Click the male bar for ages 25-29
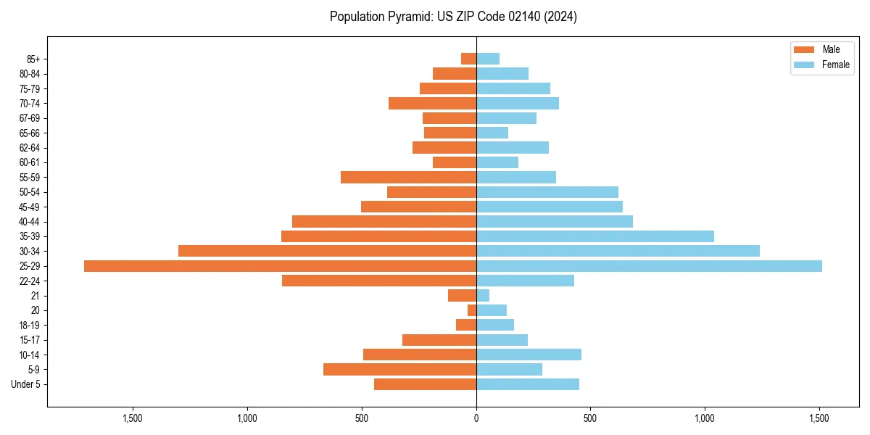coord(280,266)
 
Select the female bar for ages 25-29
coord(649,266)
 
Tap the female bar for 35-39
coord(594,236)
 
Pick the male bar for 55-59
coord(408,177)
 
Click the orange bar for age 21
coord(462,296)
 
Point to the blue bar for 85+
coord(488,59)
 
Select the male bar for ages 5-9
coord(399,370)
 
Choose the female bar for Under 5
coord(527,384)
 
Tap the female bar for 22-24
coord(525,281)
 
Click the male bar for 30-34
coord(327,251)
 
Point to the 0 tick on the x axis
coord(476,418)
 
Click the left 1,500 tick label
coord(133,418)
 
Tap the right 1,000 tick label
coord(705,418)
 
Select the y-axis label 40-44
coord(29,222)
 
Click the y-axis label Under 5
coord(25,384)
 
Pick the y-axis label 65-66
coord(29,133)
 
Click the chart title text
coord(453,17)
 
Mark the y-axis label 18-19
coord(29,326)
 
